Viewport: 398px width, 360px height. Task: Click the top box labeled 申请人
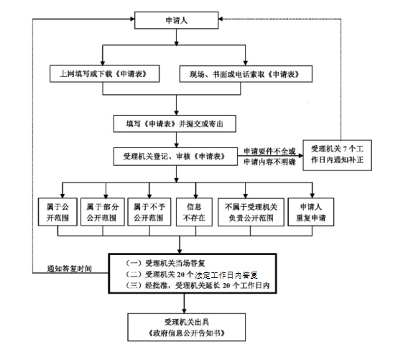point(177,20)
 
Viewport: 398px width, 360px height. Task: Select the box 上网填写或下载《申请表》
point(105,73)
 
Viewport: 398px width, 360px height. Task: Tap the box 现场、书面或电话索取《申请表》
point(246,74)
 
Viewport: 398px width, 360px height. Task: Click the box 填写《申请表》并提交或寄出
point(175,124)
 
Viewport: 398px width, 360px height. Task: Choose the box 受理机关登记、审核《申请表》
point(175,157)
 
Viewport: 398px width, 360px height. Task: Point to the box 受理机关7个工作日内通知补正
point(338,155)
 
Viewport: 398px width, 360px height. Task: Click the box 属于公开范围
point(57,212)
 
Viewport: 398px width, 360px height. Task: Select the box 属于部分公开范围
point(103,212)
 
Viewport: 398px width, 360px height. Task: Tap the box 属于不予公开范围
point(149,212)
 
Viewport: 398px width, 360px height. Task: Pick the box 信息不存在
point(194,212)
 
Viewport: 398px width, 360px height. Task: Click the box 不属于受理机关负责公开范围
point(251,212)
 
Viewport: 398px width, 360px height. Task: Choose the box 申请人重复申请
point(311,212)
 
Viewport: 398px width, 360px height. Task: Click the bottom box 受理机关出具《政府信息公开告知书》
point(187,327)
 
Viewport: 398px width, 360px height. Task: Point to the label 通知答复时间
point(69,269)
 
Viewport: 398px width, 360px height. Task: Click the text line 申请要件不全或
point(270,152)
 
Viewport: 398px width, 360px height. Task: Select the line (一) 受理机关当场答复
point(165,263)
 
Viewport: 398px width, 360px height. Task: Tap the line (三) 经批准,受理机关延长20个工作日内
point(198,285)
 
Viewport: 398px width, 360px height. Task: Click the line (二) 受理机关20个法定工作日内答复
point(192,274)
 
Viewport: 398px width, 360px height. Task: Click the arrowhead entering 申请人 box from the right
point(221,19)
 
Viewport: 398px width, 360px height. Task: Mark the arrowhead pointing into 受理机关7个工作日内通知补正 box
point(300,155)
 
